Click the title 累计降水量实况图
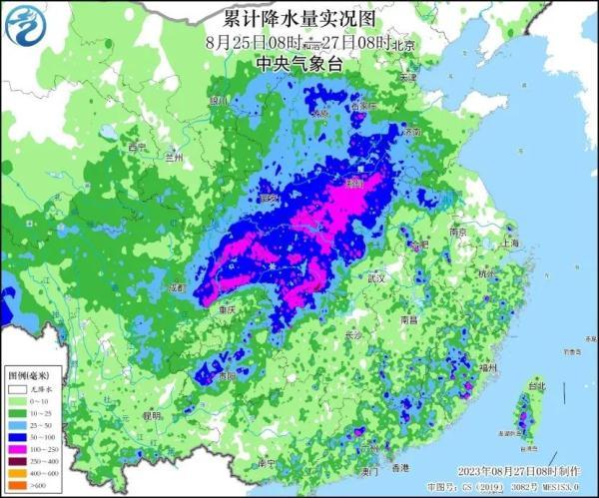point(299,20)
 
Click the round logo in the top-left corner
point(27,26)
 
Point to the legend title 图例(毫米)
point(27,375)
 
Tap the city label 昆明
point(152,415)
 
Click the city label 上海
point(512,242)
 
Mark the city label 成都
point(178,287)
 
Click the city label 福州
point(488,368)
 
